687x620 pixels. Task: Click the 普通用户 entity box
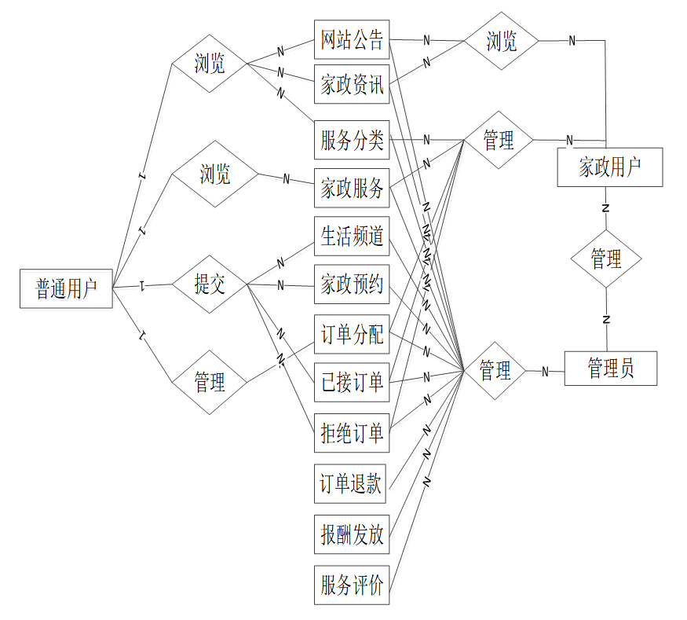click(66, 288)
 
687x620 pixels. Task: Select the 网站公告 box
click(352, 39)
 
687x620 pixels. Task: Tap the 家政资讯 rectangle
click(352, 85)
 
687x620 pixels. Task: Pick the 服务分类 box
click(352, 141)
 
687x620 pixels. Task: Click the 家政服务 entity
click(352, 188)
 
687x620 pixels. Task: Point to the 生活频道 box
click(352, 236)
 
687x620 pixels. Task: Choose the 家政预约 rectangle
click(352, 285)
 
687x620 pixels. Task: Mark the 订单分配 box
click(352, 335)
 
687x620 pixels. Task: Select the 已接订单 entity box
click(352, 383)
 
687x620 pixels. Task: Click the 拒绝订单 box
click(352, 432)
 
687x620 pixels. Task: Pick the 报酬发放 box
click(352, 535)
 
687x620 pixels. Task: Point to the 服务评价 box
click(352, 585)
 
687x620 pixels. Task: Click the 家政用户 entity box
click(609, 167)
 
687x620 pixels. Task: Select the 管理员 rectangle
click(610, 368)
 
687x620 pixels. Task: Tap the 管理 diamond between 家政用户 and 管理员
click(606, 259)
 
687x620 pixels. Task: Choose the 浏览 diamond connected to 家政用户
click(501, 41)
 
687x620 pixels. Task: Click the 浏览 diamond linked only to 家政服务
click(214, 174)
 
